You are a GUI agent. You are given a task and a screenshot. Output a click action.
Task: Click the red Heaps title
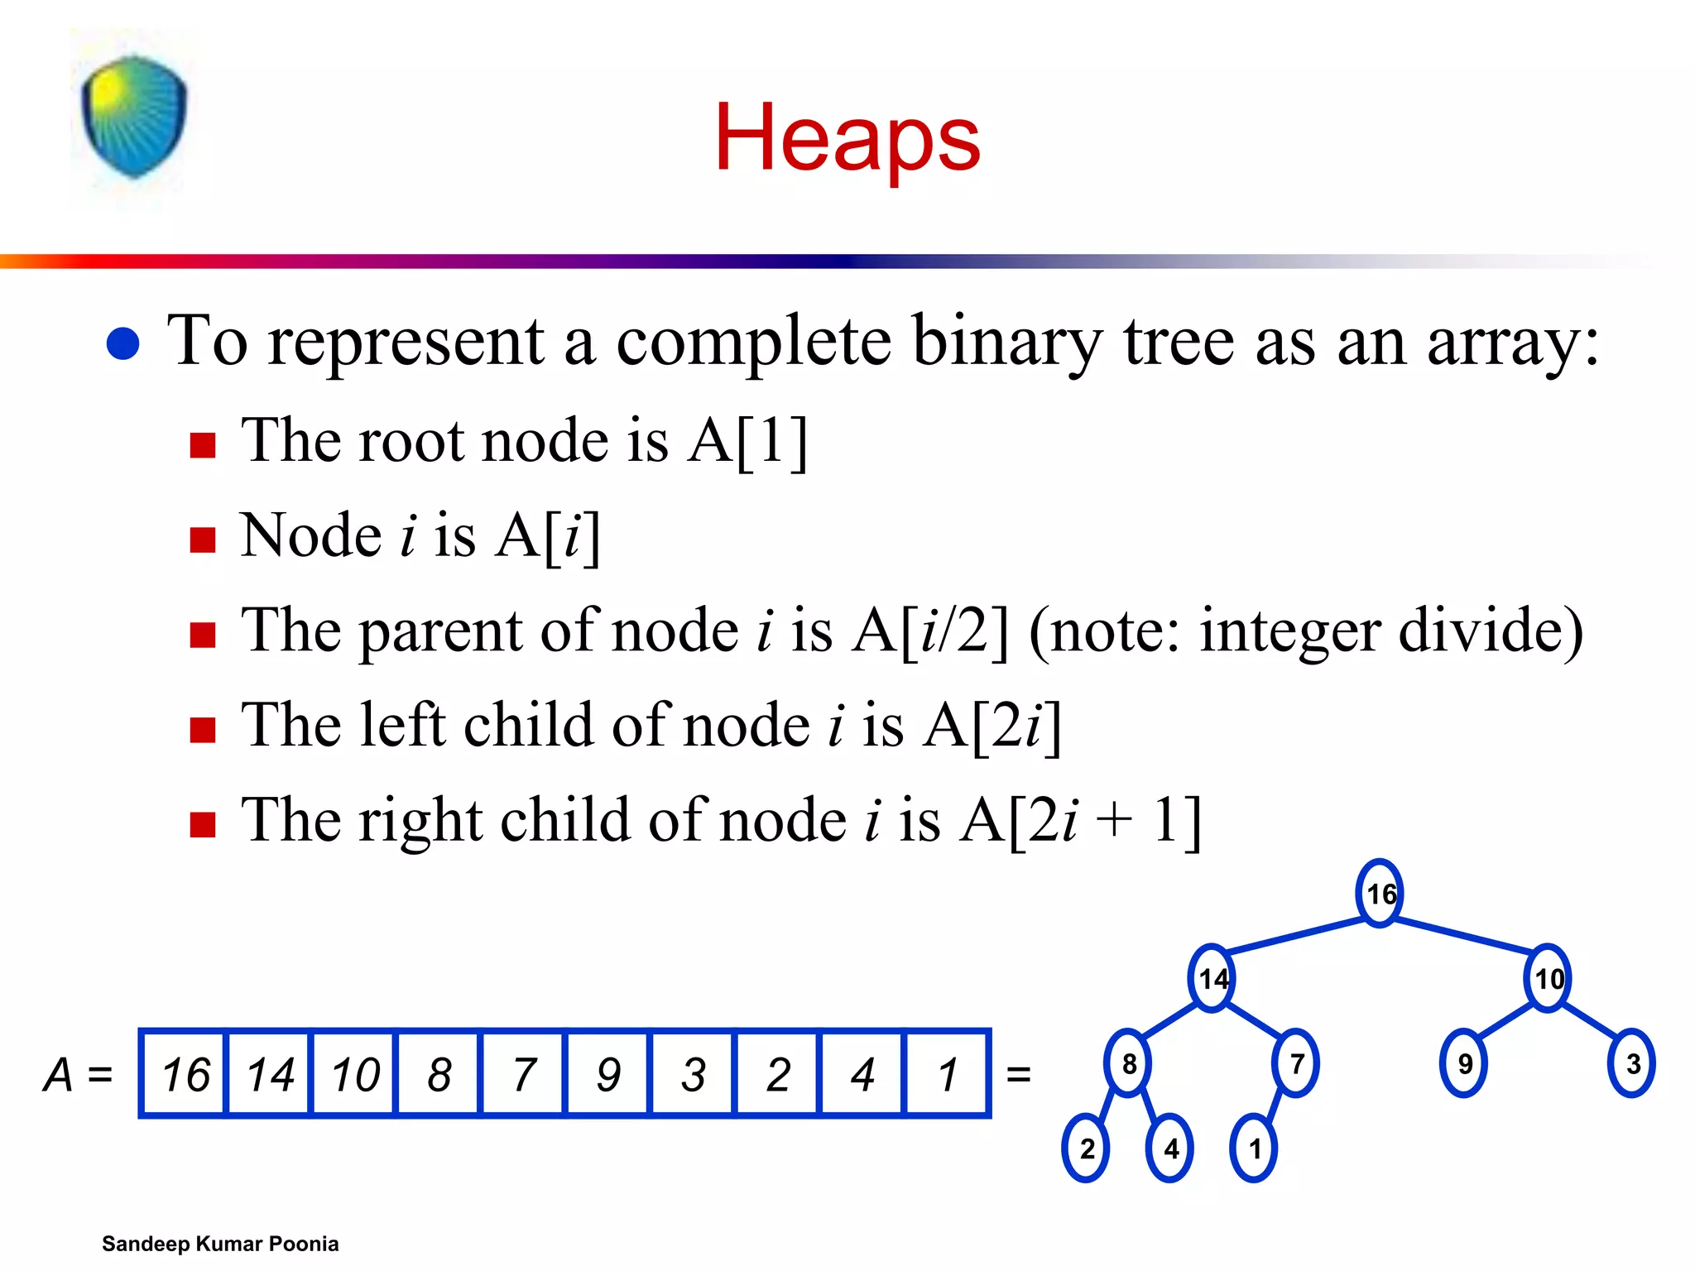point(847,137)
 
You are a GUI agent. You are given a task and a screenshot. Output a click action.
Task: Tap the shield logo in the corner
point(134,117)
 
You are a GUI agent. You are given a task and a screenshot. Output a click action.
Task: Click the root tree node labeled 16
point(1380,894)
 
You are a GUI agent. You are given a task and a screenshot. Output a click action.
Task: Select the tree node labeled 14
point(1212,979)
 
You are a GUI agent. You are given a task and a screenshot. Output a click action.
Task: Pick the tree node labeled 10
point(1548,979)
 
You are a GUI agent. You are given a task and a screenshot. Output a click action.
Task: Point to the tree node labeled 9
point(1463,1063)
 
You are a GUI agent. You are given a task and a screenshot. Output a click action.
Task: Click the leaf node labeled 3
point(1631,1063)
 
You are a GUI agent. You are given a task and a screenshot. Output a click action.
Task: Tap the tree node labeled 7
point(1296,1063)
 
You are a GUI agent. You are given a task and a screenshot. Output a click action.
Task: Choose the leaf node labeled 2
point(1086,1149)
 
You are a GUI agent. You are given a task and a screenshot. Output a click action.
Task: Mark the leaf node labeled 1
point(1254,1149)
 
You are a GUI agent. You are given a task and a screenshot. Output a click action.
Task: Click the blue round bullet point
point(123,344)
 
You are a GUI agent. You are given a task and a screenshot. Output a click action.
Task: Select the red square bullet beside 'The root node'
point(203,445)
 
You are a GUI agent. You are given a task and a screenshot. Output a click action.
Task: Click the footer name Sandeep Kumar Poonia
point(220,1244)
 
